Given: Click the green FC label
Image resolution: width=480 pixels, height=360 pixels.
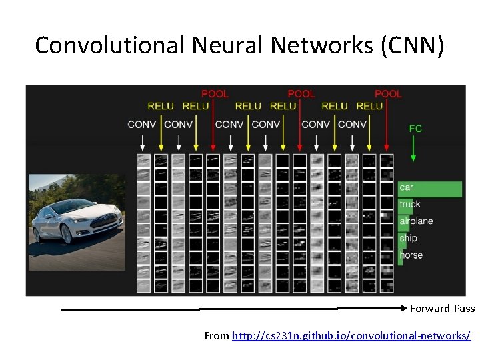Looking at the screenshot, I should point(415,129).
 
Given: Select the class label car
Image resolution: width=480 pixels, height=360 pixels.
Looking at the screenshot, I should point(406,187).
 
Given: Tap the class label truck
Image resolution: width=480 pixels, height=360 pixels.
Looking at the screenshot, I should point(410,205).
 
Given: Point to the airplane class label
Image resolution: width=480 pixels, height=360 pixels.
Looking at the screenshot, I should point(416,221).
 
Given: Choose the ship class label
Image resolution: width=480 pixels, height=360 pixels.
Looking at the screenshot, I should point(408,238).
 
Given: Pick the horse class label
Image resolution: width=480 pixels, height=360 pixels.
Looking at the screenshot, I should point(411,255).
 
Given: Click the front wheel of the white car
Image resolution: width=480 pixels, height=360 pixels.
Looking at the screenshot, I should point(67,233).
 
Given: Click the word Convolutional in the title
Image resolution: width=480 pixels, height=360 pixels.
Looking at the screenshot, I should point(110,45).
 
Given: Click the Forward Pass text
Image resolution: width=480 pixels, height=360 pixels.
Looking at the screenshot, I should point(442,309).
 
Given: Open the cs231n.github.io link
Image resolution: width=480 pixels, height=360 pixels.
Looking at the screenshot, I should point(351,335).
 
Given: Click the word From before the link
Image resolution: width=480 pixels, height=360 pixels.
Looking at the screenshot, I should point(217,335).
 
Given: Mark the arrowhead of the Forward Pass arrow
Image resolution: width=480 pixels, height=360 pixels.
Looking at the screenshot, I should point(403,309).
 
